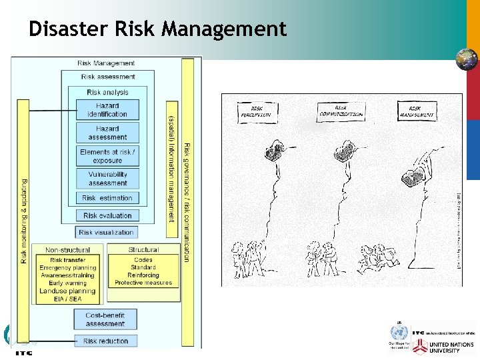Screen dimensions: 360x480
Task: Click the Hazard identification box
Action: pyautogui.click(x=107, y=110)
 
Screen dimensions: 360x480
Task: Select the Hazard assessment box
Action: pyautogui.click(x=107, y=133)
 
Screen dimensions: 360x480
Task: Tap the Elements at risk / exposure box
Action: pyautogui.click(x=107, y=156)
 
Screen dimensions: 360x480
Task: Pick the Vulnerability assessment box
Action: pyautogui.click(x=107, y=179)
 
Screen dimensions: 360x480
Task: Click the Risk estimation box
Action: pyautogui.click(x=107, y=198)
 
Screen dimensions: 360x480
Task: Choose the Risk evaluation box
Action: pyautogui.click(x=107, y=215)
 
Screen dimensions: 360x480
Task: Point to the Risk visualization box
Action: pyautogui.click(x=107, y=233)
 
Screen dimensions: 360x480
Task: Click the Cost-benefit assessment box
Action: pyautogui.click(x=105, y=319)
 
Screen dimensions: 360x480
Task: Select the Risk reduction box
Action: pyautogui.click(x=105, y=341)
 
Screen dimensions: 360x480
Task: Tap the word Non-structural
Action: pyautogui.click(x=68, y=250)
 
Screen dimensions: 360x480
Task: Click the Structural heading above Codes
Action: pyautogui.click(x=143, y=250)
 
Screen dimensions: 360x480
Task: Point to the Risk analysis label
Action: pyautogui.click(x=107, y=93)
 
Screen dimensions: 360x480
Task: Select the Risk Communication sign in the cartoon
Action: pyautogui.click(x=340, y=111)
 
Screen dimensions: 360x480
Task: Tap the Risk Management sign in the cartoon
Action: pyautogui.click(x=417, y=111)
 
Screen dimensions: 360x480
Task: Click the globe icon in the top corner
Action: pyautogui.click(x=466, y=59)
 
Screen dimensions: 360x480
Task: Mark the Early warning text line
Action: pyautogui.click(x=68, y=283)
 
